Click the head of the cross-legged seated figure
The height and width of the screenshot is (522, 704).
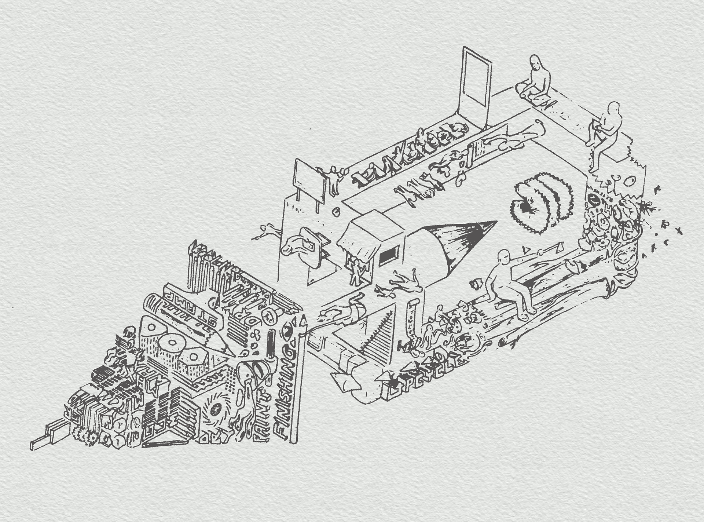tap(535, 62)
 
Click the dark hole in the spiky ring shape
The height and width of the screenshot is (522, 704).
tap(527, 208)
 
